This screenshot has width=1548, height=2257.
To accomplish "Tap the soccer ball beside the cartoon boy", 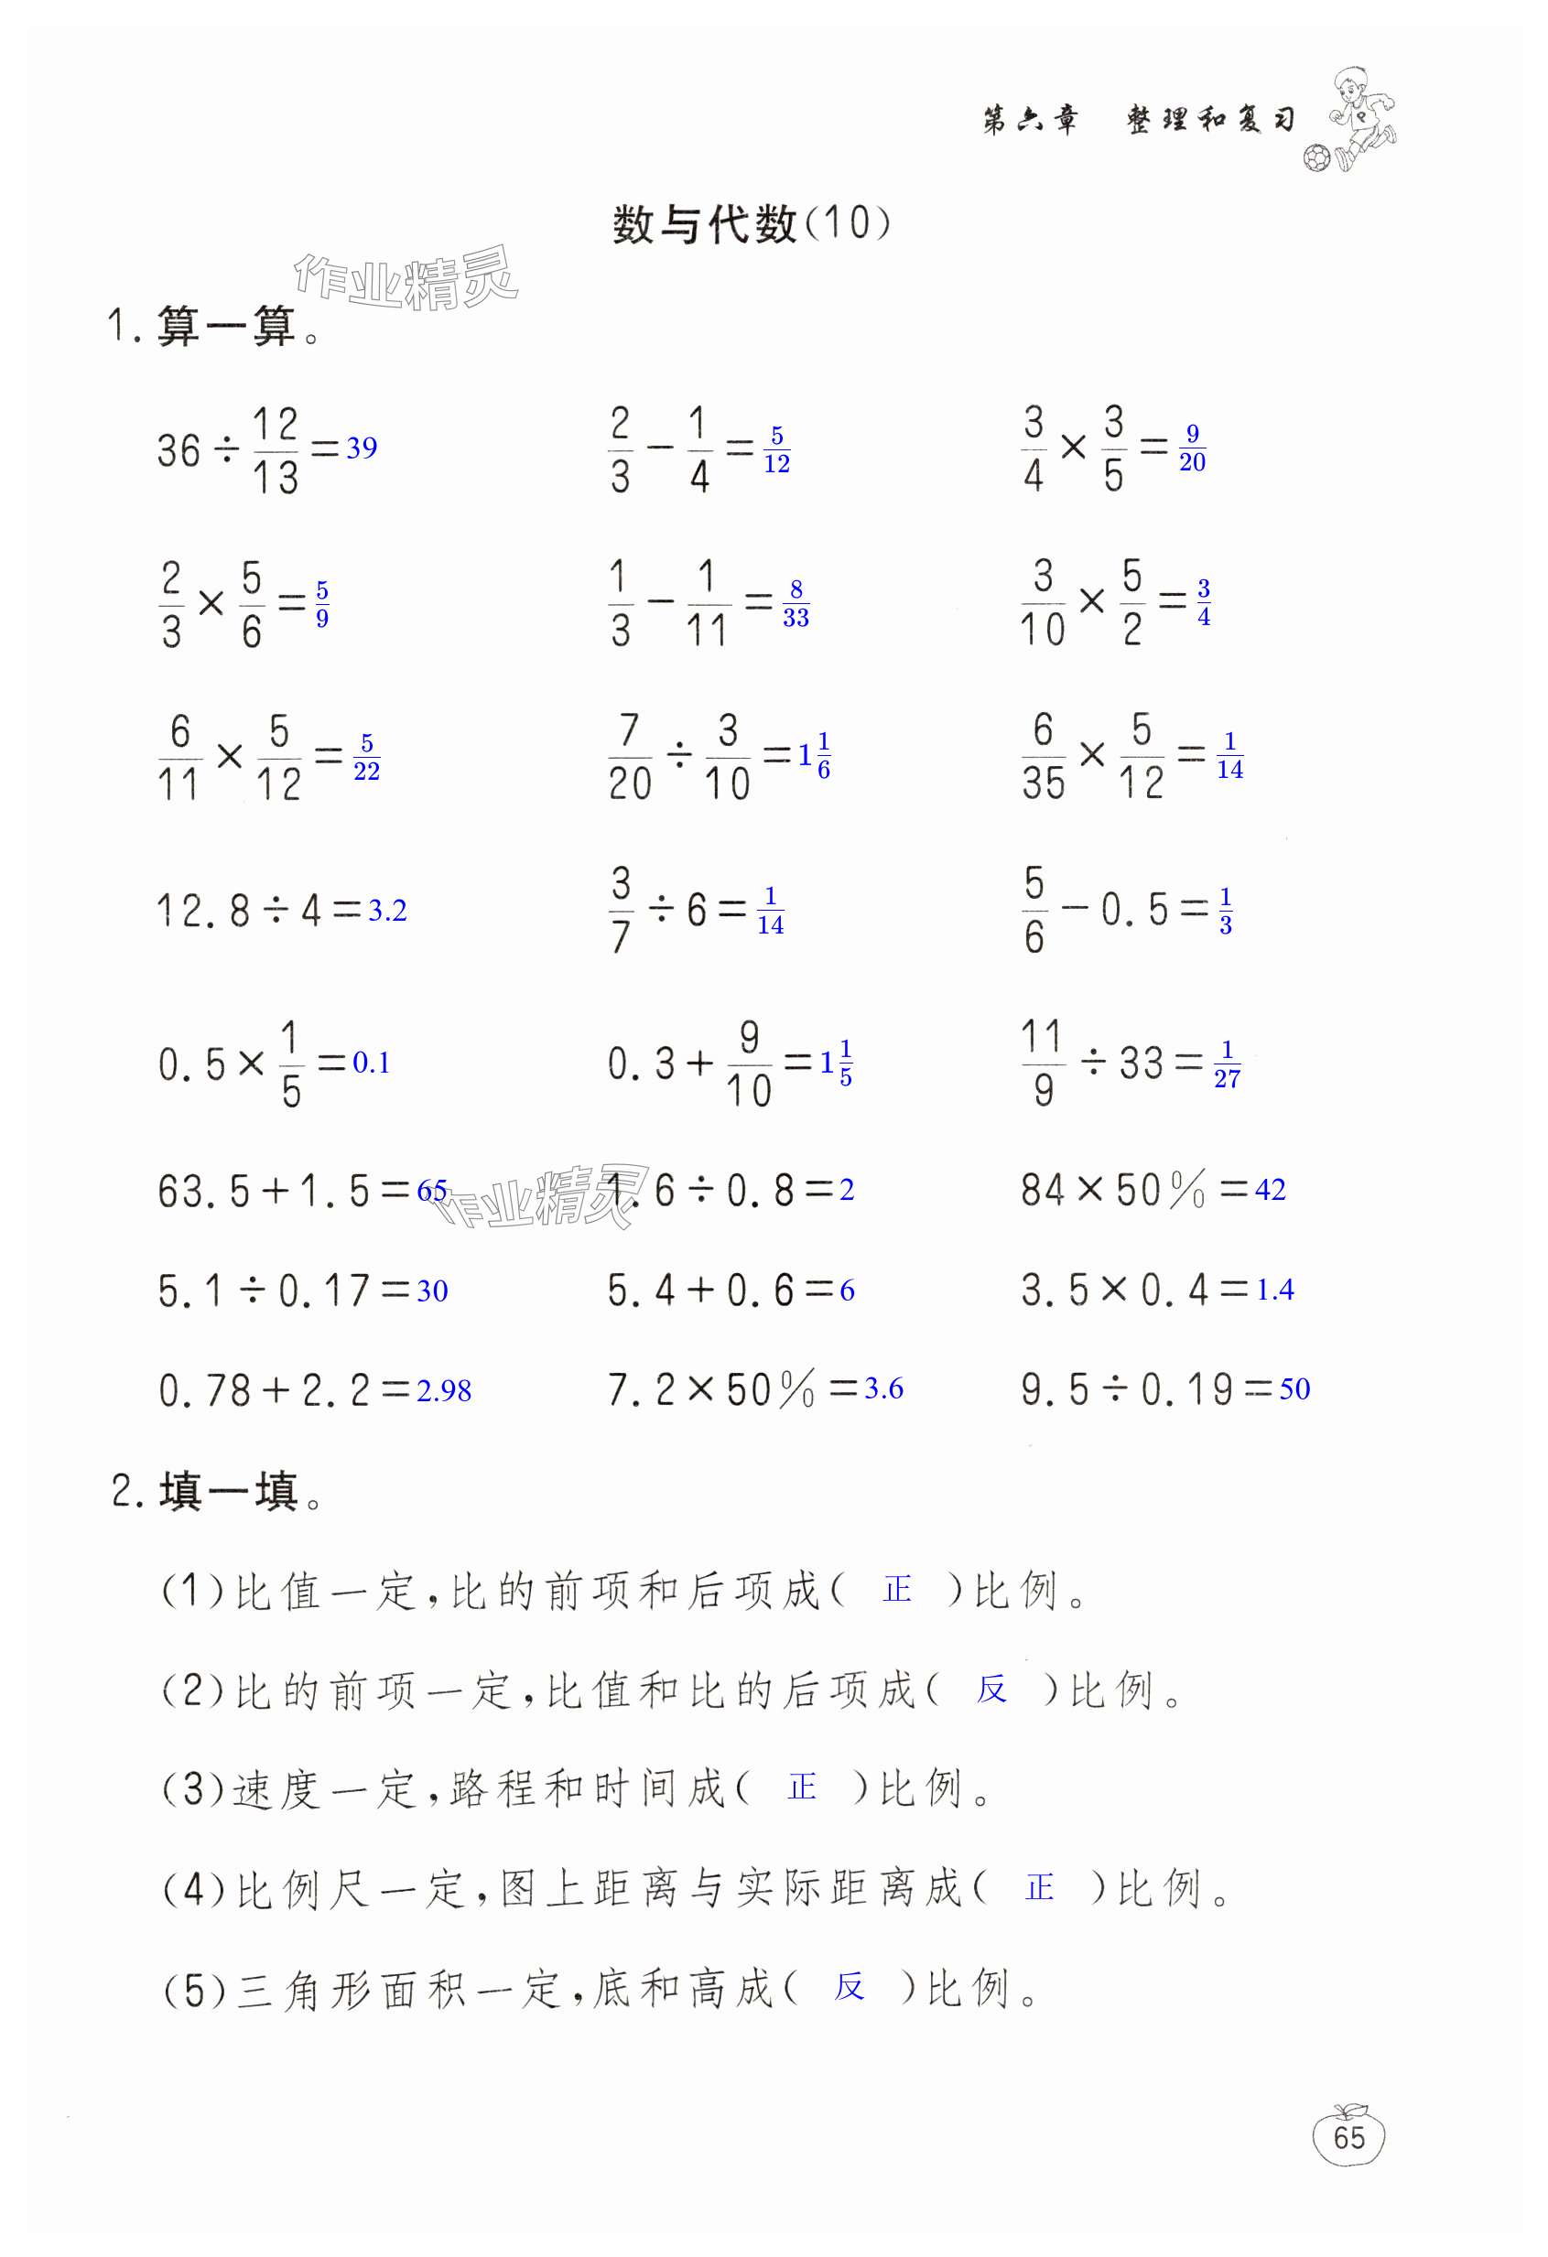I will tap(1317, 158).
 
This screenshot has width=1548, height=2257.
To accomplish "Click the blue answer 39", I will tap(362, 448).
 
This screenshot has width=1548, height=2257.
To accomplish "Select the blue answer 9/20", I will tap(1193, 448).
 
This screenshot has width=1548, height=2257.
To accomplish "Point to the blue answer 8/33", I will tap(796, 603).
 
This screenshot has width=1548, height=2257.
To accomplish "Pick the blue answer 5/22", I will tap(366, 758).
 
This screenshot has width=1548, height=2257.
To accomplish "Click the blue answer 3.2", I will tap(387, 911).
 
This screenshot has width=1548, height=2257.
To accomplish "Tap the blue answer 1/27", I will tap(1227, 1064).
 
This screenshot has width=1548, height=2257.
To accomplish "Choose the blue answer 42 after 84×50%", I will tap(1271, 1190).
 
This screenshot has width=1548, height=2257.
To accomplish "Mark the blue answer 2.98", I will tap(444, 1390).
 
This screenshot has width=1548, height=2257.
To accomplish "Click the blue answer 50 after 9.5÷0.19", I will tap(1294, 1388).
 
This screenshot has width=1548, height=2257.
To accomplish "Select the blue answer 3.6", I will tap(883, 1388).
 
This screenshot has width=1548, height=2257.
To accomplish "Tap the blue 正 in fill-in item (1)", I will tap(896, 1590).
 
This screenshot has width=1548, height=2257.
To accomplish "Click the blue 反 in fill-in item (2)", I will tap(991, 1690).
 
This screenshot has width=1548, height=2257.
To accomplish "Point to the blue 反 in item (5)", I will tap(849, 1987).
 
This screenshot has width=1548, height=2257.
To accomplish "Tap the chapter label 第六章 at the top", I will tap(1030, 121).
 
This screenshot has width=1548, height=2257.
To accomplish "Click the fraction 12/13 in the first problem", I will tap(275, 450).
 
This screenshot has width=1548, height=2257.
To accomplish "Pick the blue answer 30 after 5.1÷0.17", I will tap(432, 1290).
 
